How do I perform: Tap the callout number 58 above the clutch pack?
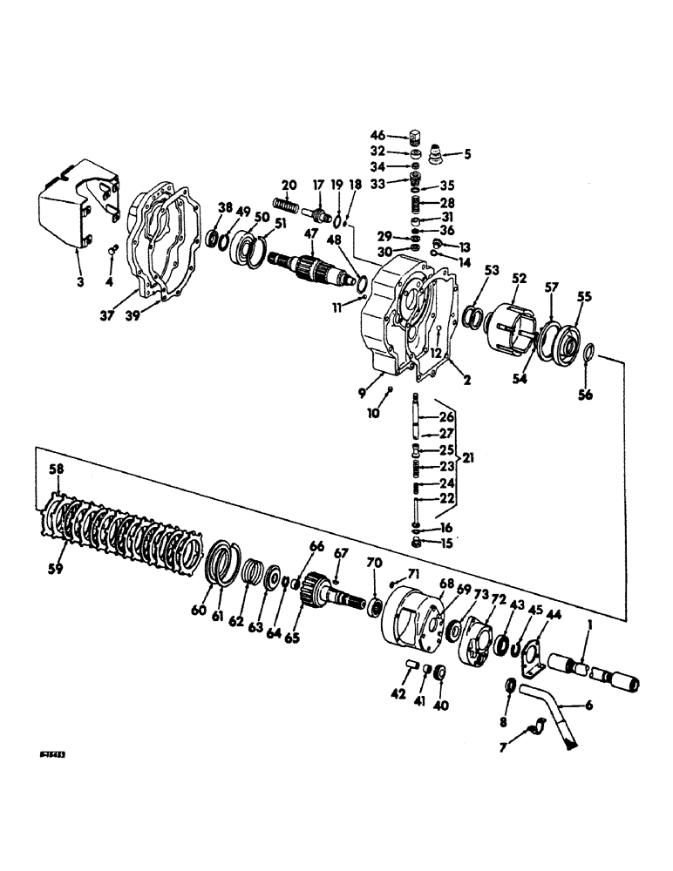57,470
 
